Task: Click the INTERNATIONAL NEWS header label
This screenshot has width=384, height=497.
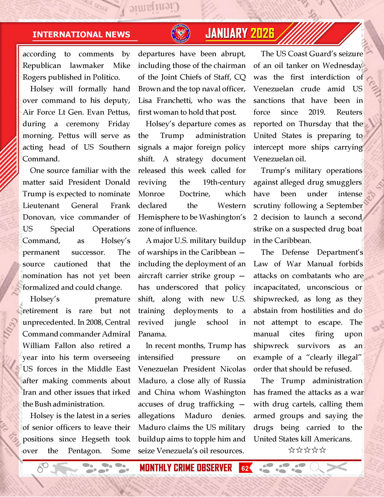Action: click(81, 35)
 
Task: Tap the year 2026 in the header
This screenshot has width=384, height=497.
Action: click(262, 34)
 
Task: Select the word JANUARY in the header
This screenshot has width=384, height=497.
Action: click(227, 34)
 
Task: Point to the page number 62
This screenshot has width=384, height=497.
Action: click(245, 468)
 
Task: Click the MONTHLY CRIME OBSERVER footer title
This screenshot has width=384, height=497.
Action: click(186, 468)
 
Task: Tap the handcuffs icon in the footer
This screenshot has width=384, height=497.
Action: click(43, 468)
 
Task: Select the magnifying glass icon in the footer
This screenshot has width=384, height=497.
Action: click(316, 468)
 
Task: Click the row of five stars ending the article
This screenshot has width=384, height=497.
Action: click(307, 450)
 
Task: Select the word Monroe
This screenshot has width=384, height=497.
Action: click(151, 194)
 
